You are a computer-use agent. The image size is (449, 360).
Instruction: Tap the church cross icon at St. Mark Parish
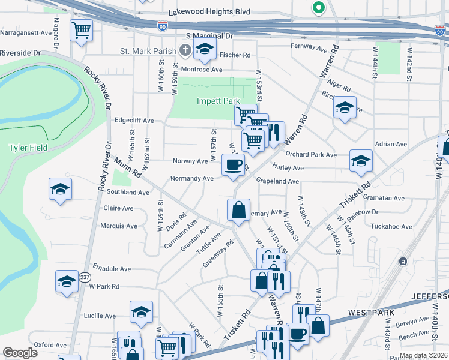click(186, 50)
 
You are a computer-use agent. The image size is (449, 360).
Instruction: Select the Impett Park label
click(218, 101)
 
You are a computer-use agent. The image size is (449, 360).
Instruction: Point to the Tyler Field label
click(24, 147)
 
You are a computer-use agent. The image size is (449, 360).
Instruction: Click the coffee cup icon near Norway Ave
click(233, 164)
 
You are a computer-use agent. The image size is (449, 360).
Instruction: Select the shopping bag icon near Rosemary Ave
click(238, 209)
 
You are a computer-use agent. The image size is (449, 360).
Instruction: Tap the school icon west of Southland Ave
click(59, 189)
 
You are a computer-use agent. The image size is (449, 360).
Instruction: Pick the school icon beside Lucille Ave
click(140, 311)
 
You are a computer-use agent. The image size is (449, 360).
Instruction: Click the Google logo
click(20, 353)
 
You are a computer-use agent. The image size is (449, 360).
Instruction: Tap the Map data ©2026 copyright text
click(423, 355)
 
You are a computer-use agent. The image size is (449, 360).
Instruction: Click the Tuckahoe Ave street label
click(391, 227)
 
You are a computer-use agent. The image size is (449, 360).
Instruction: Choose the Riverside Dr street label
click(20, 53)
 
